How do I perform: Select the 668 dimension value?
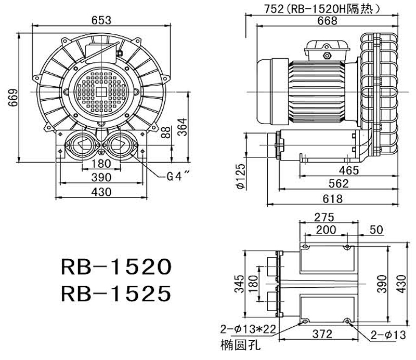[327, 21]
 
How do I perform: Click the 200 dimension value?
[326, 229]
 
